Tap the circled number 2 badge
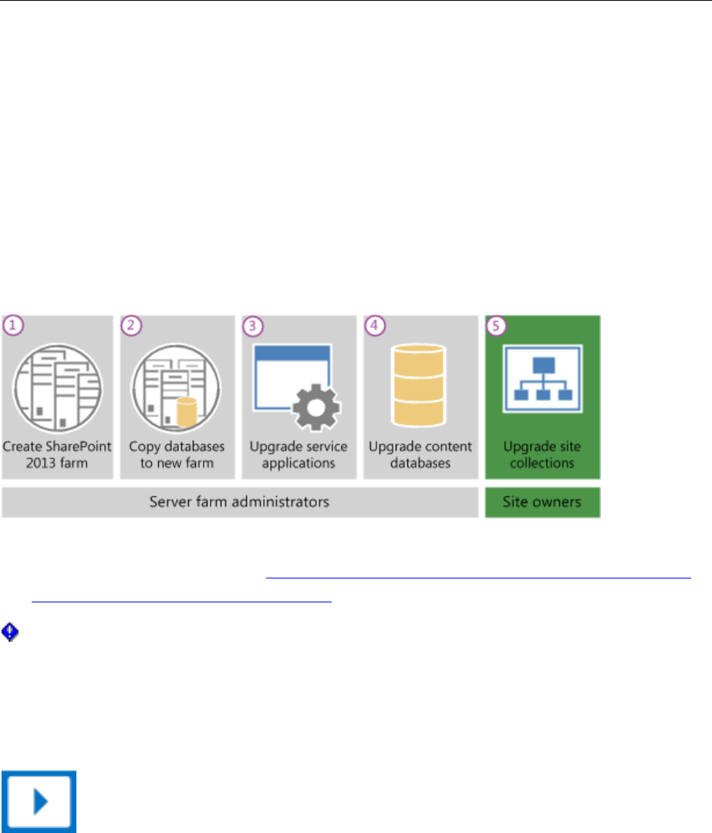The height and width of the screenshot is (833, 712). pos(133,325)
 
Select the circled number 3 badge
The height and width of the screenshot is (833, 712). pos(252,325)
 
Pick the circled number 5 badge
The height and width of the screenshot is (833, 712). pos(496,325)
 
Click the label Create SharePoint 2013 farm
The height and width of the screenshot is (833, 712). pos(57,454)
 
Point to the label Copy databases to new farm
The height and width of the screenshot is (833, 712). pos(176,454)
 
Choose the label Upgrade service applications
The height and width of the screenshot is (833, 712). pos(298,454)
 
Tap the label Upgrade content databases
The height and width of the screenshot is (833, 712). pos(420,454)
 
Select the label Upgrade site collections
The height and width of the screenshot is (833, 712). pos(542,454)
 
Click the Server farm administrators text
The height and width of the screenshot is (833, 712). pos(239,502)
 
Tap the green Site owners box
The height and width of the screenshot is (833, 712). pos(542,502)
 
